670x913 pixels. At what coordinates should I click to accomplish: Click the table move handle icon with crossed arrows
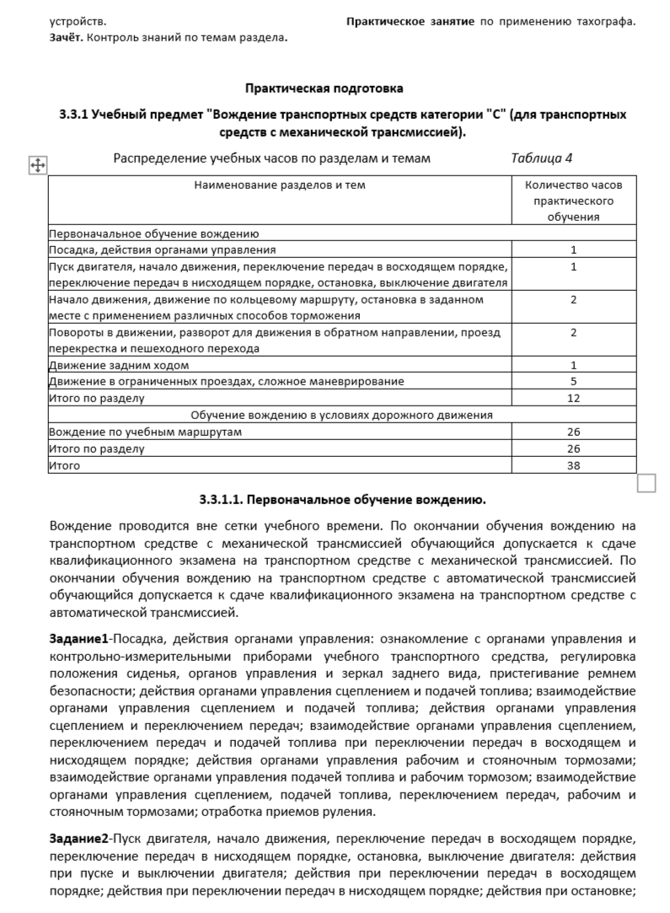pos(38,165)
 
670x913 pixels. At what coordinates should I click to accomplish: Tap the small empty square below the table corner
pos(646,483)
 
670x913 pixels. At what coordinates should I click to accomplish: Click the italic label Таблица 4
pos(541,158)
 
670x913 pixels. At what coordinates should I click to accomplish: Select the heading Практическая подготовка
pos(324,88)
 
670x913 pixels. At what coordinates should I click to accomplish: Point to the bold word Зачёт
pos(66,37)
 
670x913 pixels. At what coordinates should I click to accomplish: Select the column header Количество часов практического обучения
pos(573,201)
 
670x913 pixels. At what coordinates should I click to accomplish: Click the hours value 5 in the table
pos(573,381)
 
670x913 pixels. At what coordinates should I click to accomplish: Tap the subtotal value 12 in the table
pos(573,398)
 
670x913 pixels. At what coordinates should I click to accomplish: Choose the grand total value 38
pos(573,465)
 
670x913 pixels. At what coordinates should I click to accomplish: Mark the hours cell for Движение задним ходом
pos(573,365)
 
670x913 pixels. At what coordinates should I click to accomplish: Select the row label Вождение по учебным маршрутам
pos(145,432)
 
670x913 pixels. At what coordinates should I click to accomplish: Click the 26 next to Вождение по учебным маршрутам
pos(573,432)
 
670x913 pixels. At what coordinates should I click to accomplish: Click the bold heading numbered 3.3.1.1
pos(342,499)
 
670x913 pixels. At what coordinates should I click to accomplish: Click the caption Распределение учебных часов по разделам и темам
pos(272,158)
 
